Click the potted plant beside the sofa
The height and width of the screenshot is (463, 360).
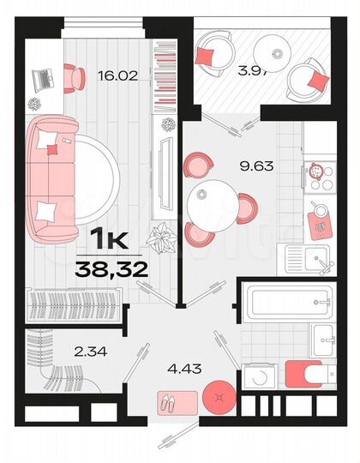[x=160, y=234]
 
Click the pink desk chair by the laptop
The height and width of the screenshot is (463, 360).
[x=74, y=77]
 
